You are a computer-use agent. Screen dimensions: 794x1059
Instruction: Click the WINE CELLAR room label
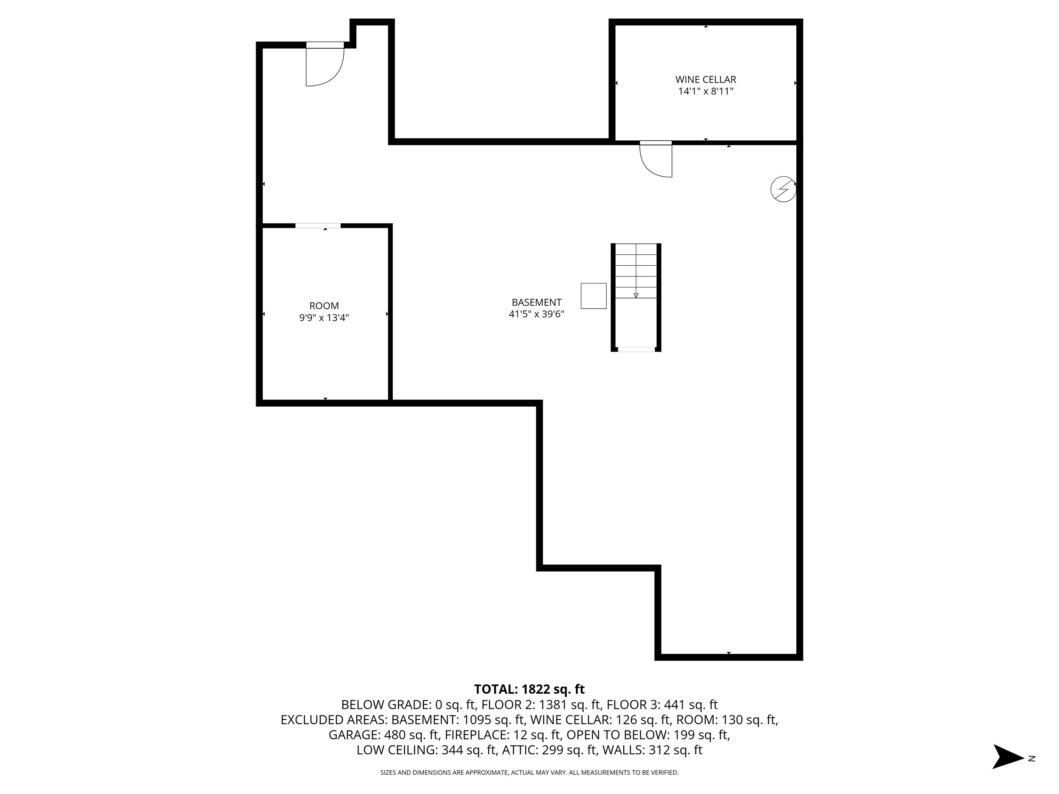point(705,80)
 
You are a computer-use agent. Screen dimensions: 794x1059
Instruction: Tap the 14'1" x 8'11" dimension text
point(705,91)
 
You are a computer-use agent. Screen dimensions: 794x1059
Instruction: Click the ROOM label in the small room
point(324,306)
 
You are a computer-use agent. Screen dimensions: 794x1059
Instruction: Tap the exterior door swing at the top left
point(324,66)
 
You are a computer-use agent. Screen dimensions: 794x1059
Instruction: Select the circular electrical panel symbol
point(783,189)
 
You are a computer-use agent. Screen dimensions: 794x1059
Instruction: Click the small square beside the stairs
point(593,296)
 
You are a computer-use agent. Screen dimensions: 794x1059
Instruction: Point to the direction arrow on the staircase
point(636,295)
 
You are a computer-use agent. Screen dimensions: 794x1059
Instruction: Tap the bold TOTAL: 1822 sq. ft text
point(529,689)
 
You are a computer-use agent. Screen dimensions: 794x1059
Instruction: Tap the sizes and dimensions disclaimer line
point(529,773)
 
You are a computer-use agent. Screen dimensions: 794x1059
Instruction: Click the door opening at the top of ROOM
point(317,225)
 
